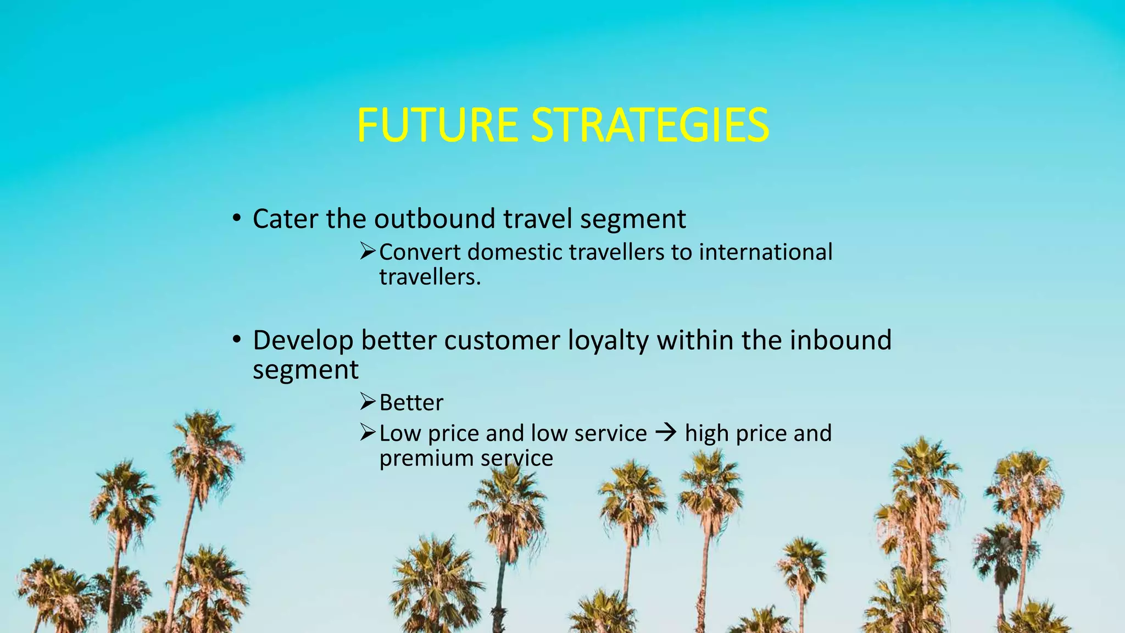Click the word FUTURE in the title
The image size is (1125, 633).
click(437, 125)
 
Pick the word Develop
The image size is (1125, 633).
click(303, 341)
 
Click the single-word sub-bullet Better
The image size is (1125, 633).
click(411, 403)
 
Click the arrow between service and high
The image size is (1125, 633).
click(666, 433)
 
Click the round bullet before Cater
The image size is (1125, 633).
click(236, 219)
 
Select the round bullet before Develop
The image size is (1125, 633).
click(236, 340)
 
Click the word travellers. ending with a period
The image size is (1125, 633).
click(430, 277)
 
